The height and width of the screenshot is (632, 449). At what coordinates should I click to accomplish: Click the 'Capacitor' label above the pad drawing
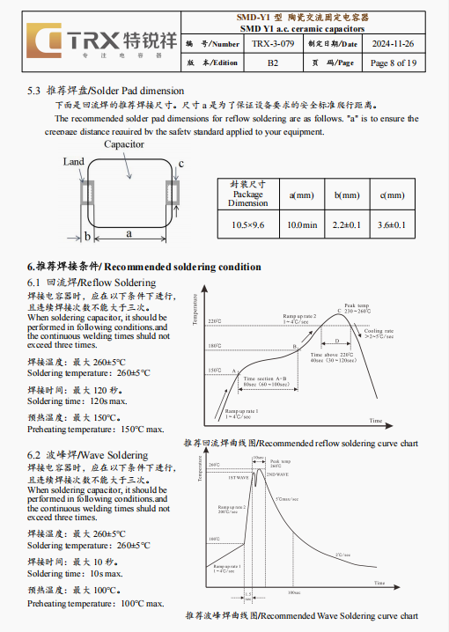coord(124,143)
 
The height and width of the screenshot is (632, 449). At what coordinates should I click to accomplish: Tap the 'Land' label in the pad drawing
coord(74,162)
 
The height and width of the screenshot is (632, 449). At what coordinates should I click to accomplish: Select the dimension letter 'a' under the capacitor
coord(129,233)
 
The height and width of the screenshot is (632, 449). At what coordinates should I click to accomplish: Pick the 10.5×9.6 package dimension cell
coord(248,225)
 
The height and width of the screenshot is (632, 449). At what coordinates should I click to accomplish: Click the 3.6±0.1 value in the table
coord(392,225)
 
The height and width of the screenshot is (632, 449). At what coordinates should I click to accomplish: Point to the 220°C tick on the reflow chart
coord(214,321)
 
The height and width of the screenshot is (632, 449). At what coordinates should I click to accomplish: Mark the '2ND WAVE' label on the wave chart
coord(281,474)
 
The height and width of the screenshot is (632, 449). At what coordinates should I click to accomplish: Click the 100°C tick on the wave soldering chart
coord(214,538)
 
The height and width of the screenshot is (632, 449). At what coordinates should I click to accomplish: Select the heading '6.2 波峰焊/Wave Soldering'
coord(88,455)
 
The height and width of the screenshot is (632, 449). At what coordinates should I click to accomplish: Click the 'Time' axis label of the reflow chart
coord(376,420)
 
